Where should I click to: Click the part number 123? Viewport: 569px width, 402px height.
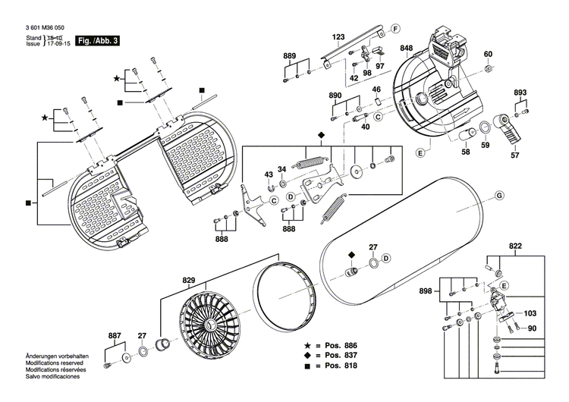338,37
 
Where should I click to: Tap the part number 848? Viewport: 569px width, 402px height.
407,48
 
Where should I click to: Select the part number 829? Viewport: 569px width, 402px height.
188,280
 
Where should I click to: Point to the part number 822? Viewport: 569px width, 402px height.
515,247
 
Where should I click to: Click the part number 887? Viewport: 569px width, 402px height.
115,334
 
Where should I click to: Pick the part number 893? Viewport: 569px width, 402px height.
520,93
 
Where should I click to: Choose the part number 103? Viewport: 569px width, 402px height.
530,312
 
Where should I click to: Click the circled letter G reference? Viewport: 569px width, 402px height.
500,196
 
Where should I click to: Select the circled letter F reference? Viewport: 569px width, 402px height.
395,29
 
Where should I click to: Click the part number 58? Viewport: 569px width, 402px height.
465,152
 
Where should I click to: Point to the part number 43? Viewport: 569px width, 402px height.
269,174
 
